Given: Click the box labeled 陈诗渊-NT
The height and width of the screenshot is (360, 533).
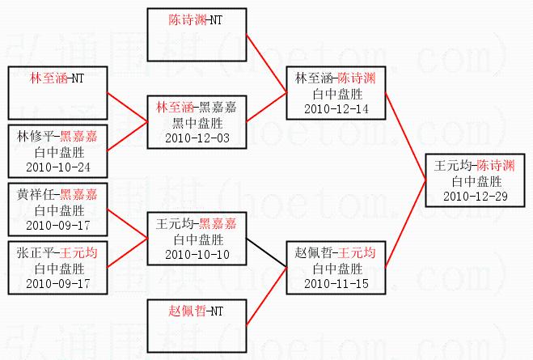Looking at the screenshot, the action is pos(196,36).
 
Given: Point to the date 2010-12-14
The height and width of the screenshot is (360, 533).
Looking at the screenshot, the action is pos(335,108).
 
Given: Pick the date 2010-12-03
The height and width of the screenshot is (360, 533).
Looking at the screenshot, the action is pos(196,138).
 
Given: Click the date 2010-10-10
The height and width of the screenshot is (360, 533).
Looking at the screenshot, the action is pos(196,254).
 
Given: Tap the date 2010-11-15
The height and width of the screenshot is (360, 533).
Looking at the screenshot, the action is pos(335,284).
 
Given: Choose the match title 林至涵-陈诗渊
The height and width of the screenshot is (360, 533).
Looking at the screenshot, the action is pos(335,78).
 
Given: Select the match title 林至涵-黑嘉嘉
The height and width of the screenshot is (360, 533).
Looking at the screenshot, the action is pos(196,108).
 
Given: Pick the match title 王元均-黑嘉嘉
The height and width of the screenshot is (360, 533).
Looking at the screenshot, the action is pos(196,224).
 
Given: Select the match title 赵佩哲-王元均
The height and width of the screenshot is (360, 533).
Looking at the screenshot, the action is pos(335,254).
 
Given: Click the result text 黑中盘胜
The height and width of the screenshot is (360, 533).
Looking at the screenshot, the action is pos(196,123).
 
